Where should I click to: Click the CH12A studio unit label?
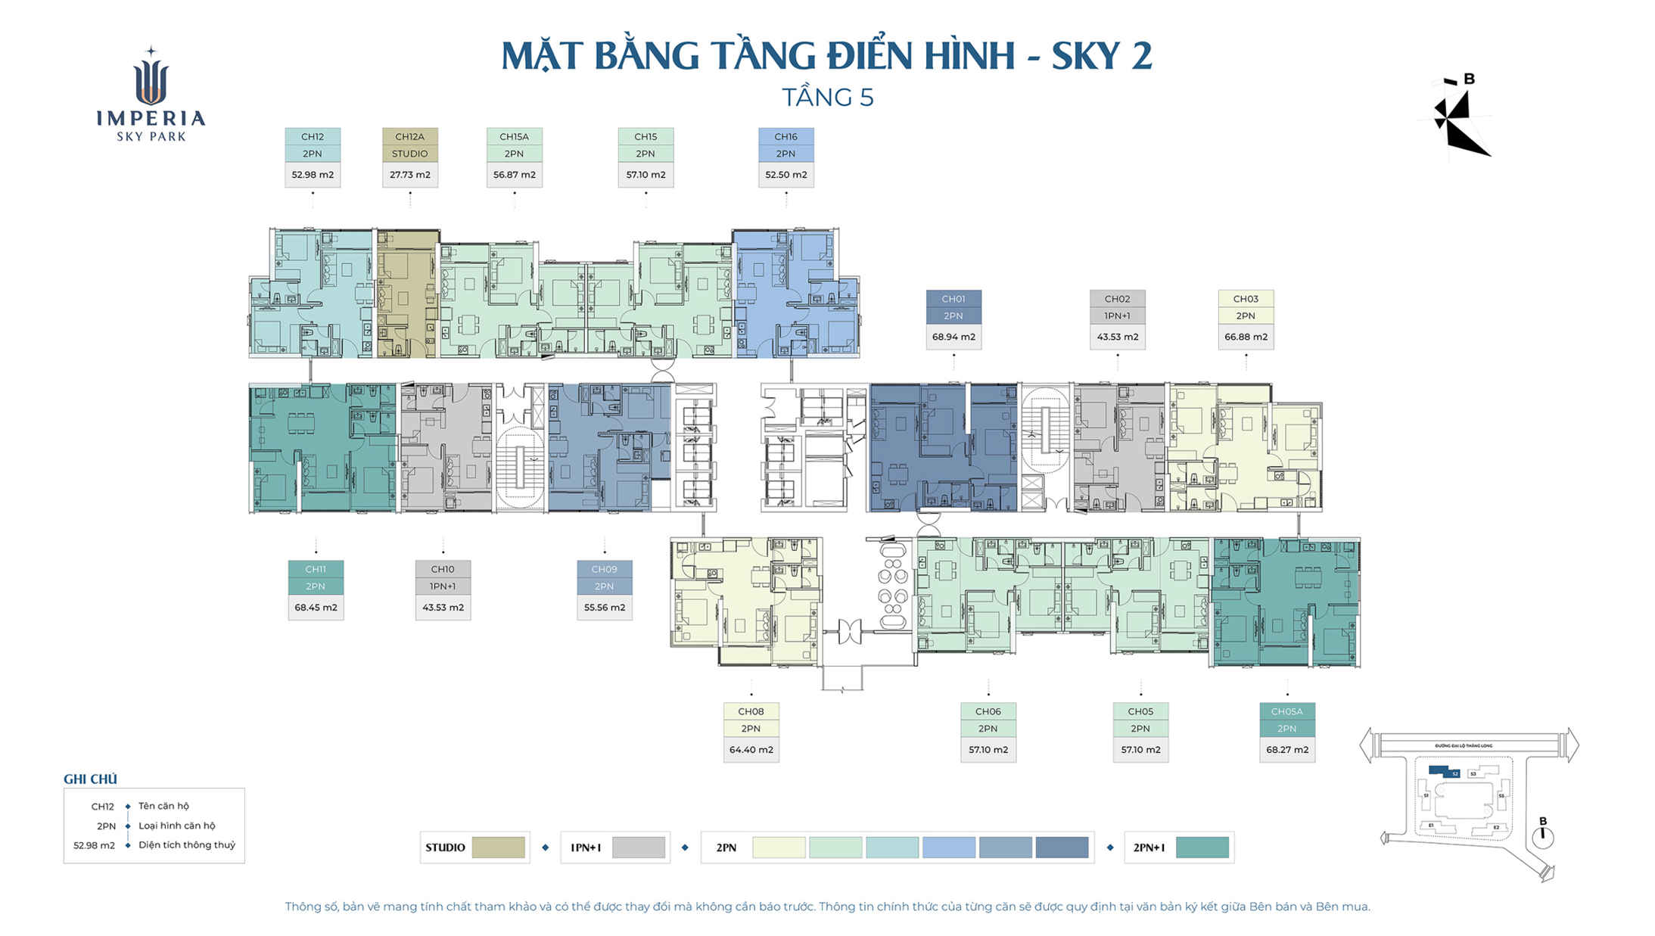[409, 137]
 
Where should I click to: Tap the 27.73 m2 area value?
[409, 175]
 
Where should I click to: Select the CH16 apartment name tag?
[786, 137]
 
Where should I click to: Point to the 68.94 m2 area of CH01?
[953, 337]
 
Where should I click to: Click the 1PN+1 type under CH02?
[1117, 316]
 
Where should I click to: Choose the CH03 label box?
[1245, 299]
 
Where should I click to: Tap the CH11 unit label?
[316, 569]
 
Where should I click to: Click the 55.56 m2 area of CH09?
[604, 608]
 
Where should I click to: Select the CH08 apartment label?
[751, 711]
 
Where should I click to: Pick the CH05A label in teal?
[1286, 711]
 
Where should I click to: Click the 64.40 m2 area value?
[751, 750]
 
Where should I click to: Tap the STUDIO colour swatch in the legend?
[498, 847]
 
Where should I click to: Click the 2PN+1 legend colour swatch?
[1202, 847]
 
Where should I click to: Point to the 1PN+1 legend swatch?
[638, 847]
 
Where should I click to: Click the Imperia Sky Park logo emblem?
[151, 79]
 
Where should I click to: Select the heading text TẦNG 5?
[827, 98]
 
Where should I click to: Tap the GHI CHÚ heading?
[90, 779]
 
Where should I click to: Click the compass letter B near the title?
[1469, 79]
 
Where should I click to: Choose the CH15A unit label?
[514, 137]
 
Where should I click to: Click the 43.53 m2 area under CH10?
[443, 608]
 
